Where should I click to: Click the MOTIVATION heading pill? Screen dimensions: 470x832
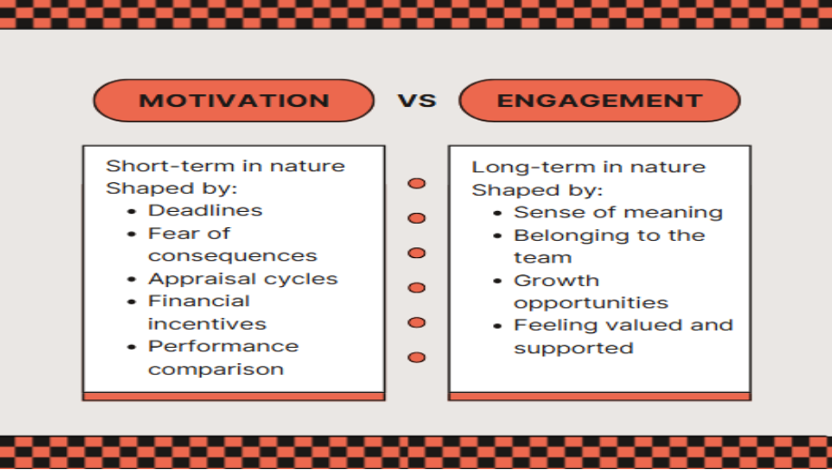[233, 101]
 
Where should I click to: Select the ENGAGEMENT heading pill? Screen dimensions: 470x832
[599, 101]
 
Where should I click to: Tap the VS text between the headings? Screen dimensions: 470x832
[417, 101]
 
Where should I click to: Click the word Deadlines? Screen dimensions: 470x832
[205, 210]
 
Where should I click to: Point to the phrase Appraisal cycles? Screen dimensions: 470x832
[243, 279]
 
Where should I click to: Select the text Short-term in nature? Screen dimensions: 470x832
[226, 166]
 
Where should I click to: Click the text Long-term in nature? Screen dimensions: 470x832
[588, 168]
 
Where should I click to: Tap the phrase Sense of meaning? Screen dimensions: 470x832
[618, 213]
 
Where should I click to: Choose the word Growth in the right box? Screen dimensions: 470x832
[556, 281]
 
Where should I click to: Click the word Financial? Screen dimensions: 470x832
[199, 301]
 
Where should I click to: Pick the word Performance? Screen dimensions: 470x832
[223, 346]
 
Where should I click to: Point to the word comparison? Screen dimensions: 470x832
[216, 369]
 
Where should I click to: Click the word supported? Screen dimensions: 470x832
[573, 348]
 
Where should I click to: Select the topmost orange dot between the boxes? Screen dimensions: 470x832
[417, 184]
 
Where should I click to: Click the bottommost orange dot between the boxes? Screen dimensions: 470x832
[417, 357]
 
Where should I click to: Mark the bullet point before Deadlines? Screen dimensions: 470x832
[131, 211]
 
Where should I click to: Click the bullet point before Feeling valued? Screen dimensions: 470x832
[498, 326]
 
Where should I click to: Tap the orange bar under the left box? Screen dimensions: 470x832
[233, 396]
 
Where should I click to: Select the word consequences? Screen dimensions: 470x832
[233, 256]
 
